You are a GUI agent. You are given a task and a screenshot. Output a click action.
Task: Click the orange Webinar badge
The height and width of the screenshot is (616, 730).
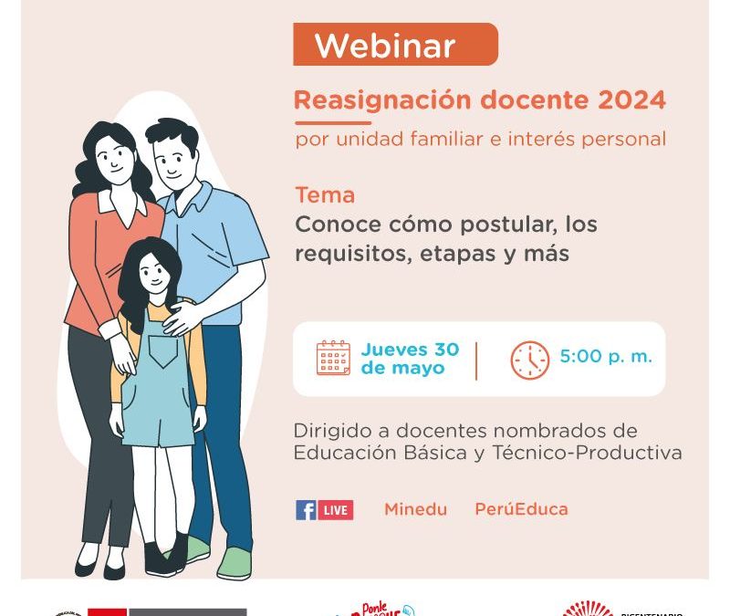point(395,45)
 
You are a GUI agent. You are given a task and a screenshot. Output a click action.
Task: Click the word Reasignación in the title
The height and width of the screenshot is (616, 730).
point(368,100)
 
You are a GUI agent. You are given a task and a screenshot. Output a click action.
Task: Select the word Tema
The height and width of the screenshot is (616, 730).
point(325,195)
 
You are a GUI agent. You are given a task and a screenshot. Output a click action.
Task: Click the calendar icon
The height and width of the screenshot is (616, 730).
point(333,358)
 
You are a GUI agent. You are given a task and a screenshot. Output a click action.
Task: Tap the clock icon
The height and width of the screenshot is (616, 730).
point(529,359)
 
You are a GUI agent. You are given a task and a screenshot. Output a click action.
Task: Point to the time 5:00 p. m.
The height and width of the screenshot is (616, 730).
point(606,357)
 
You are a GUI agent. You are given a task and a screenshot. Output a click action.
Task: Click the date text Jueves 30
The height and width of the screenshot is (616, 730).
point(410,350)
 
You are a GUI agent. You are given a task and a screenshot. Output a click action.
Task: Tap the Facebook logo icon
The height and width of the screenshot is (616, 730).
point(306,510)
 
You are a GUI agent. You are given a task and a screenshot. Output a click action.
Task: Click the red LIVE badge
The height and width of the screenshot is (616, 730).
point(336,510)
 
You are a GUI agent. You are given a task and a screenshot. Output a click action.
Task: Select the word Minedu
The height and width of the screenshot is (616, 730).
point(415,509)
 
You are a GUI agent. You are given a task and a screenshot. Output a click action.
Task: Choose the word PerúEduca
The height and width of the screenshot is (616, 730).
point(521,509)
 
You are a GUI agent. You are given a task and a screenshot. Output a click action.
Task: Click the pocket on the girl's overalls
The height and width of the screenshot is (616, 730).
point(165,352)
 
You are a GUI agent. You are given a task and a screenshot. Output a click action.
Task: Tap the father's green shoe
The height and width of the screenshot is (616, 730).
point(233,563)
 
